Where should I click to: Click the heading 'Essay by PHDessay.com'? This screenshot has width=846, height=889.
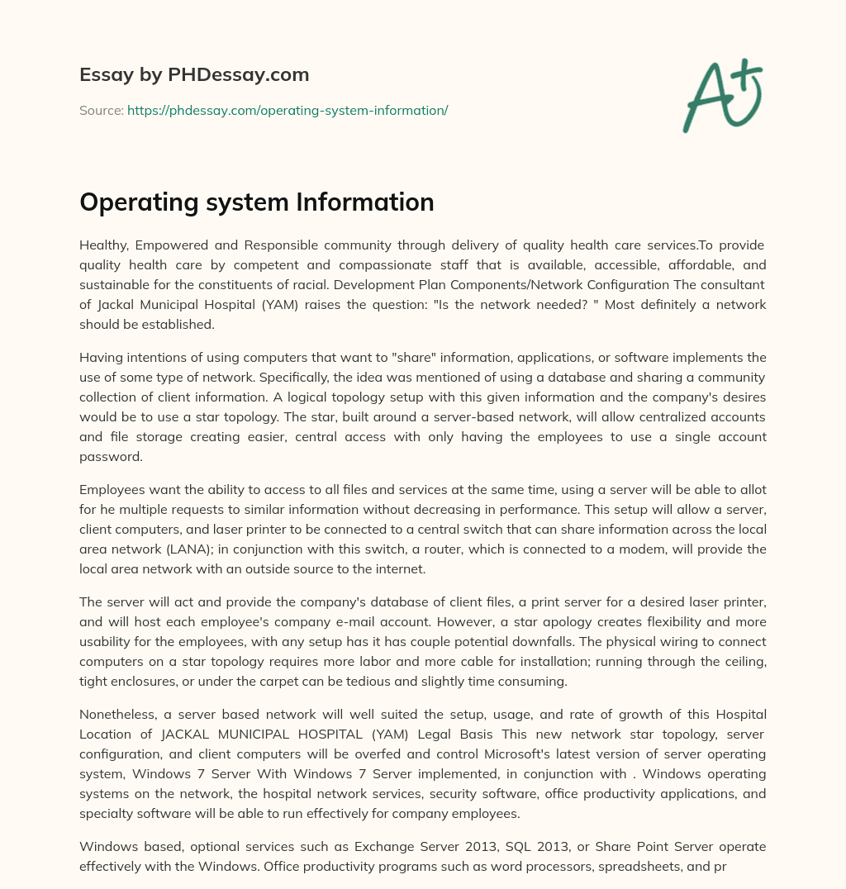pyautogui.click(x=194, y=75)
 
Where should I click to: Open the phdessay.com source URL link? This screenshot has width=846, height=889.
pyautogui.click(x=288, y=110)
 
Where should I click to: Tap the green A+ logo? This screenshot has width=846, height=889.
pyautogui.click(x=722, y=96)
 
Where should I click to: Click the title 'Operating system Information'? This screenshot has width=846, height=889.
pyautogui.click(x=257, y=202)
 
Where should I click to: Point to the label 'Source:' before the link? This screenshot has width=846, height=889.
pyautogui.click(x=102, y=110)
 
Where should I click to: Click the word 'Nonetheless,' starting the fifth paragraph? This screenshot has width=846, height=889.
pyautogui.click(x=114, y=715)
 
